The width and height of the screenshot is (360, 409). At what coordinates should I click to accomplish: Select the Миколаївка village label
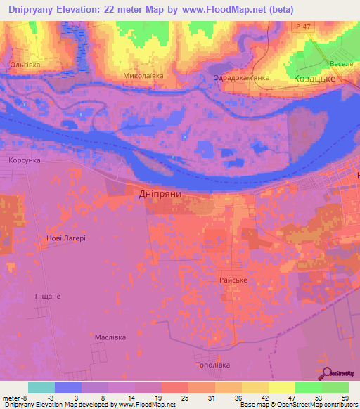pos(143,74)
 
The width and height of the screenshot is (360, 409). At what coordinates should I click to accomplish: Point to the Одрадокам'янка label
pos(242,78)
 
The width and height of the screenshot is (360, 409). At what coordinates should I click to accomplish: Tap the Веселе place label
pos(340,63)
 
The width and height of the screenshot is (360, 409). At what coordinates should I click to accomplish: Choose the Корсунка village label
pos(25,160)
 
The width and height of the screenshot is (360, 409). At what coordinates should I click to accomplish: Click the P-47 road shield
pos(303,27)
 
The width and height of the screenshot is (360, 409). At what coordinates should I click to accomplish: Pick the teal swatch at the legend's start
pos(41,387)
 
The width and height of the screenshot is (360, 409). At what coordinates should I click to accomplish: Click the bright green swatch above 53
pos(309,387)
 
